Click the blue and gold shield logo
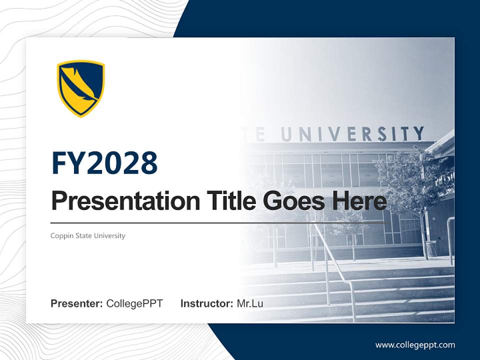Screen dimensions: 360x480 80,88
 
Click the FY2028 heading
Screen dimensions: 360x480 104,163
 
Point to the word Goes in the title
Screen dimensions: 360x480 291,201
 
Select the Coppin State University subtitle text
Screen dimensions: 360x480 88,235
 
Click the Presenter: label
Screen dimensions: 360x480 77,303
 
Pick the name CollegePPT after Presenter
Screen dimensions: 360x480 134,303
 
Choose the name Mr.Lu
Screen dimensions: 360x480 250,303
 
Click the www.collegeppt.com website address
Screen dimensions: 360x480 415,345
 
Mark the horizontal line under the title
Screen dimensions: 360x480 220,222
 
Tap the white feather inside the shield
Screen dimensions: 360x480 81,86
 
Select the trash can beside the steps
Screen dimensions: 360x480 431,248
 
